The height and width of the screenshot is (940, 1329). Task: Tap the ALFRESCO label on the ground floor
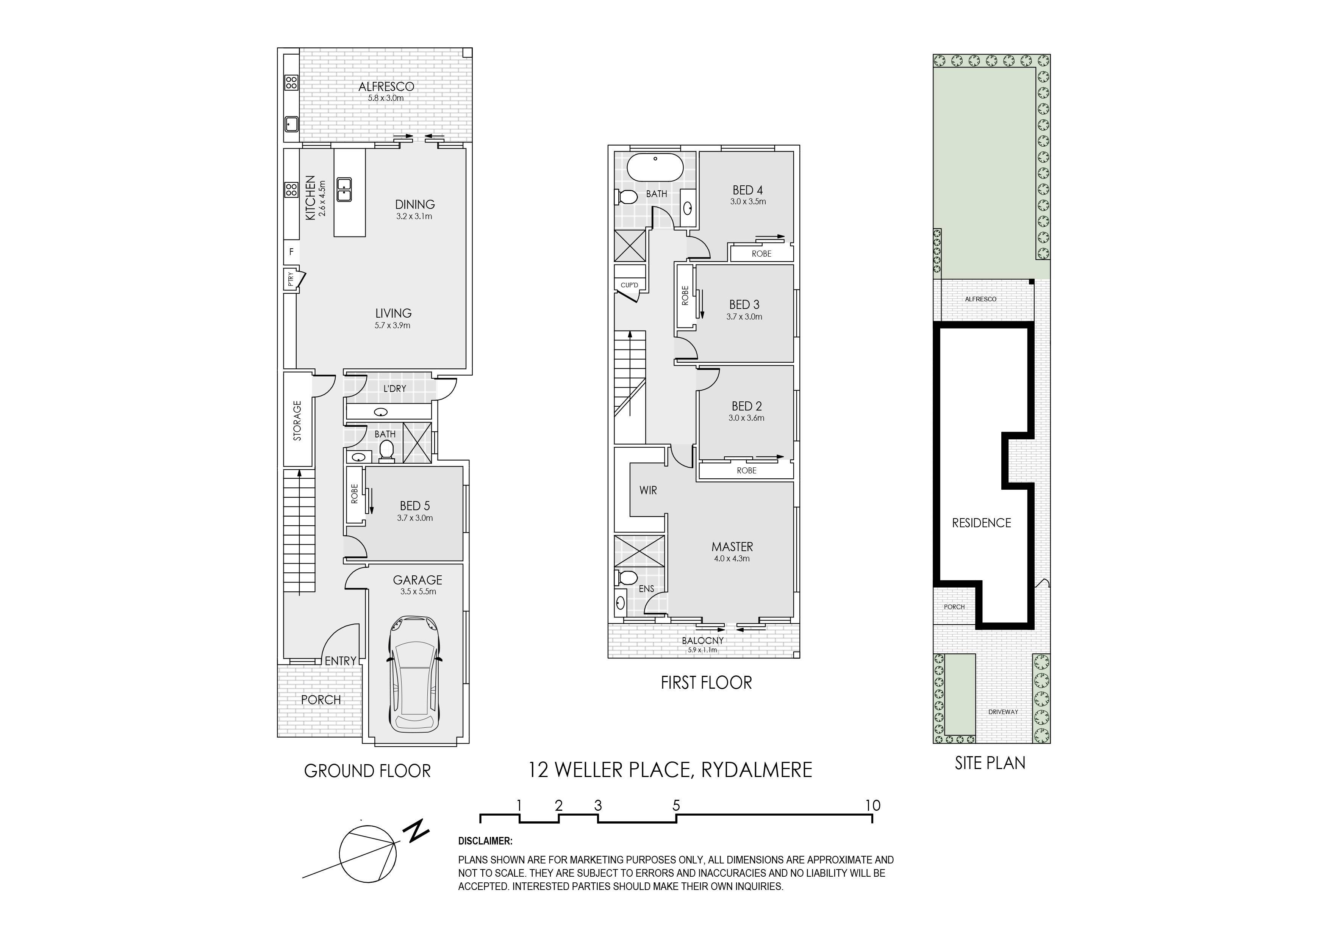point(386,87)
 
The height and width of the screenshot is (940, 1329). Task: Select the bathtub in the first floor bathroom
point(656,168)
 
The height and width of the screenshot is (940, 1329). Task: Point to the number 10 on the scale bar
point(872,805)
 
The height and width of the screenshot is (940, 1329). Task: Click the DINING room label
point(414,204)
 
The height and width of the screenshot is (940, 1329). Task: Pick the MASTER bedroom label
point(732,547)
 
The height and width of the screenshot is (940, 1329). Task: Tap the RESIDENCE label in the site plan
point(981,523)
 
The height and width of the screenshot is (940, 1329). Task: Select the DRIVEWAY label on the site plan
point(1003,712)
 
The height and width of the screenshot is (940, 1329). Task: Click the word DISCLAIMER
point(485,841)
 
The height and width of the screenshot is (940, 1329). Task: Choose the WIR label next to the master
point(648,490)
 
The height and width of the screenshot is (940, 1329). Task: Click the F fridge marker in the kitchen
point(291,252)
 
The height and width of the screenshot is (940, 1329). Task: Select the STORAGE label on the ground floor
point(297,421)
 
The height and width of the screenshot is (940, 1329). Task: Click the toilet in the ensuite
point(626,577)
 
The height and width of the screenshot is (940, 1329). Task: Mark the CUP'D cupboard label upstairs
point(629,285)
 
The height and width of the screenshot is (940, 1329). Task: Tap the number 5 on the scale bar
point(676,805)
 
